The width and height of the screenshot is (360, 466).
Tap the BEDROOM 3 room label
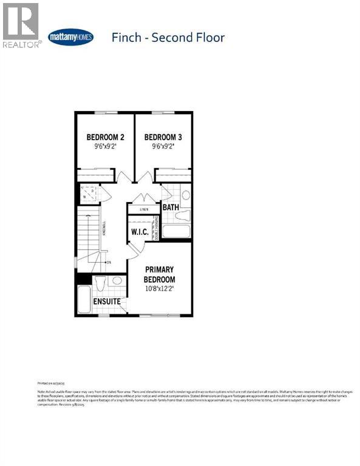[163, 137]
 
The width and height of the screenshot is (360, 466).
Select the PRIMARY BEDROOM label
[159, 274]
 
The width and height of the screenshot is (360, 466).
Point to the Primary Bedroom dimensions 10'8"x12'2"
[159, 289]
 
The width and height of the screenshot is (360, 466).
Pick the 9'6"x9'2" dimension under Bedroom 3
[163, 146]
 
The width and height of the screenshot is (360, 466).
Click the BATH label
[171, 208]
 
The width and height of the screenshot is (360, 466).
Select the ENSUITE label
[107, 302]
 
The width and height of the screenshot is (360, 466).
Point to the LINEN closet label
[144, 209]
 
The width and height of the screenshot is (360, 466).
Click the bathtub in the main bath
[176, 231]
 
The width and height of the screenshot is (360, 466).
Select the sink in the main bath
[184, 214]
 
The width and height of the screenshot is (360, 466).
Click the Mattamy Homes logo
[70, 37]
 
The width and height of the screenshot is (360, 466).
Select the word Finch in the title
[128, 38]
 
